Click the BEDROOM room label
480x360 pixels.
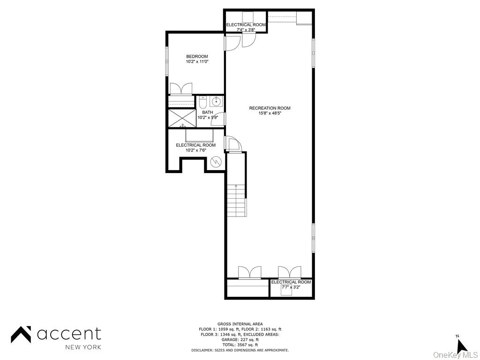pos(197,56)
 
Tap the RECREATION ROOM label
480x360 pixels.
pos(270,108)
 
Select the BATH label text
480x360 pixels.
pos(207,112)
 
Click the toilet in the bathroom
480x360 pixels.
pos(203,102)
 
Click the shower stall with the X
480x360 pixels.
pos(182,118)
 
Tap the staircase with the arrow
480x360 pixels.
pos(236,199)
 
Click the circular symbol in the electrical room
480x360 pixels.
pos(216,162)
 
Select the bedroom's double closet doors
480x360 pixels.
pos(180,89)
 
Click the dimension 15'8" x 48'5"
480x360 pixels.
pos(270,113)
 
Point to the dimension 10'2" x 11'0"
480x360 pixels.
pos(197,61)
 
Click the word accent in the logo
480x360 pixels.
pos(69,334)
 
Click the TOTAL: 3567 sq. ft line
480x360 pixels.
pos(240,345)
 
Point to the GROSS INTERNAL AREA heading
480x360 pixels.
pos(240,324)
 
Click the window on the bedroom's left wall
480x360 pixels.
pos(166,61)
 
